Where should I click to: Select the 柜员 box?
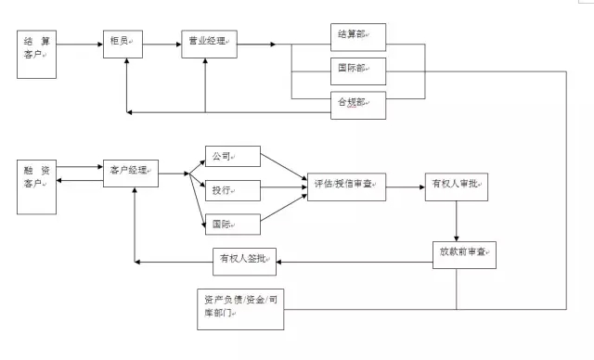pos(123,43)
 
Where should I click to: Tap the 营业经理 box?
pos(208,43)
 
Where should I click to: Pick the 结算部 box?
pos(358,35)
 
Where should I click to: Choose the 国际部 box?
pos(358,69)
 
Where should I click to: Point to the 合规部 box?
pos(358,102)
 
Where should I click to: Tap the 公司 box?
pos(232,156)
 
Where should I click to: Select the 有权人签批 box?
pos(244,261)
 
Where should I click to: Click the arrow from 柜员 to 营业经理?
pos(162,43)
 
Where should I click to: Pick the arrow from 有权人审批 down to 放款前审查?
pos(457,221)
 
